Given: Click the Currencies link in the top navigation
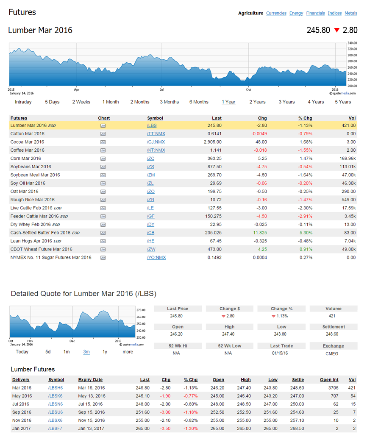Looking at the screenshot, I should (x=276, y=13).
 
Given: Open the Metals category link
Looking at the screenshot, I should (x=350, y=13).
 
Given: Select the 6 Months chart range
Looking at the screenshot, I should (x=199, y=102).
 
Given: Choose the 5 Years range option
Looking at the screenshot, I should (x=343, y=102).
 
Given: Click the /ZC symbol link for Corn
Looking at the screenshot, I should (x=150, y=159).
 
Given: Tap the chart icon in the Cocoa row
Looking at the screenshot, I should (x=103, y=142).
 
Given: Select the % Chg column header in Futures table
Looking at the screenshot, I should (x=305, y=118).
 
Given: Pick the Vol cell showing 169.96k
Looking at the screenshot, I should (x=347, y=159).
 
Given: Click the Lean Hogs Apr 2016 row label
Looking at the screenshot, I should (x=31, y=241).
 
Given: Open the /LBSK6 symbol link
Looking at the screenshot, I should (x=56, y=396).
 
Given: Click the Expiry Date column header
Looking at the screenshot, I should (x=90, y=380).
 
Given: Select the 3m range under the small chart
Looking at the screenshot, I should (x=86, y=352).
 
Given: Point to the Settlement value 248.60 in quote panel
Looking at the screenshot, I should (x=333, y=334).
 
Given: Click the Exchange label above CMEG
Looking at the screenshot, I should (x=333, y=346).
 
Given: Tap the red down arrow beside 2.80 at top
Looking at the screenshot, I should (x=336, y=30).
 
